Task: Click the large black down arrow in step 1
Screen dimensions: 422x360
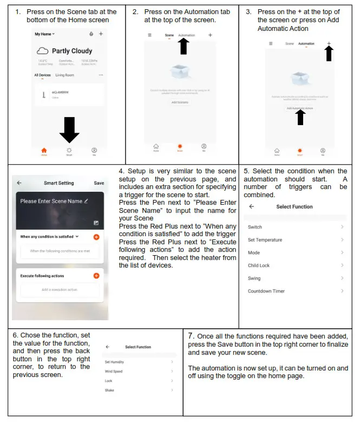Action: [69, 129]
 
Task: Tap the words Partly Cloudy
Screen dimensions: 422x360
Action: [72, 51]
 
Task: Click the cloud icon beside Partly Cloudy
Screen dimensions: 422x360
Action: [43, 51]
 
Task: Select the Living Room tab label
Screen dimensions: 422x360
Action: [64, 75]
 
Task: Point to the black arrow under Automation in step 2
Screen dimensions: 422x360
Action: [184, 47]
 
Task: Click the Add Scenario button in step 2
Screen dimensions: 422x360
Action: [180, 102]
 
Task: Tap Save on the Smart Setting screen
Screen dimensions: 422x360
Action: [99, 183]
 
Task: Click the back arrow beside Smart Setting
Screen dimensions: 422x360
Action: [19, 183]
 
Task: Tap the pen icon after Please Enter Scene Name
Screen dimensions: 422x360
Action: [86, 201]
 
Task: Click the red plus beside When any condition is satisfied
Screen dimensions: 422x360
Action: [96, 237]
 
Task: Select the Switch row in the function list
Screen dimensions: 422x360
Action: [255, 227]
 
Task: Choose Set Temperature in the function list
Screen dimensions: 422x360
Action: [265, 240]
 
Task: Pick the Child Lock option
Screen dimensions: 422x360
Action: [258, 265]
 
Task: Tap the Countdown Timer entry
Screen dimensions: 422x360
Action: [266, 291]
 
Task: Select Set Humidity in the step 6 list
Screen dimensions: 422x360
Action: [115, 362]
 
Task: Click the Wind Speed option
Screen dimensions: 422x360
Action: [114, 371]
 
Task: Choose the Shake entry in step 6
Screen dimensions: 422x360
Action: [109, 390]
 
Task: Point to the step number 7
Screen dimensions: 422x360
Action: [191, 336]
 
